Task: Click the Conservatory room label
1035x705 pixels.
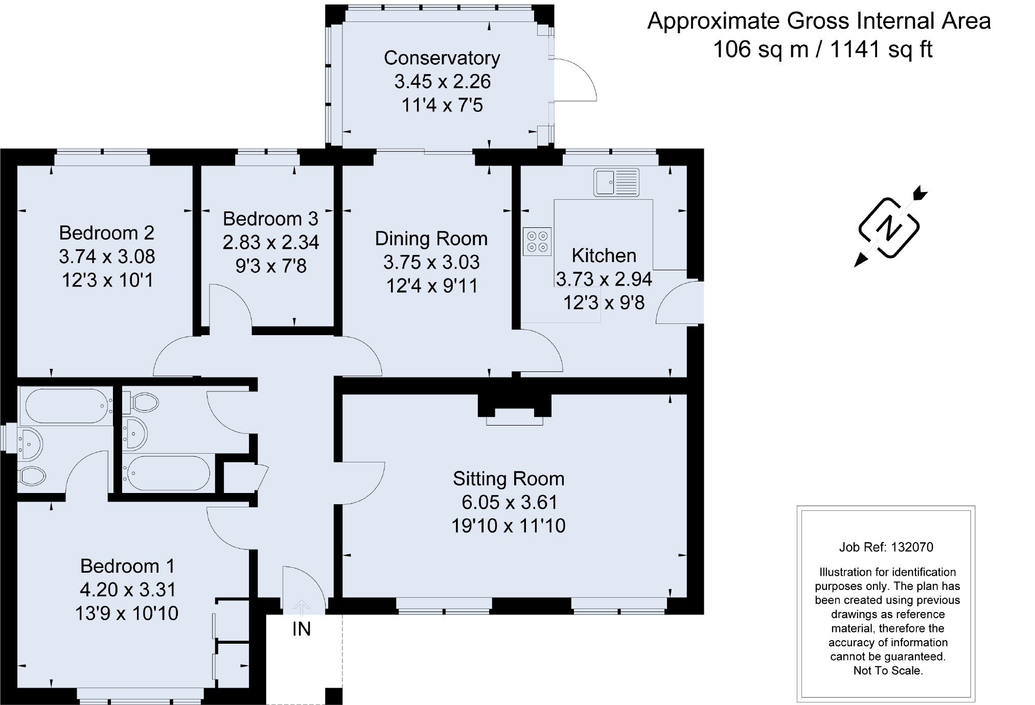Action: click(x=442, y=58)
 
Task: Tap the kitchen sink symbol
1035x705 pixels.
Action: click(x=616, y=183)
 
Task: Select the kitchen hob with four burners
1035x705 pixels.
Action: click(x=537, y=241)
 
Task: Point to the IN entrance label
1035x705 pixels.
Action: click(x=302, y=629)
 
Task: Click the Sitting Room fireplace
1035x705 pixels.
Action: click(x=514, y=409)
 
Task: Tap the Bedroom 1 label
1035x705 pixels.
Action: click(x=127, y=566)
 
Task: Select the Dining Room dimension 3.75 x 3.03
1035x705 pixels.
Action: click(x=431, y=262)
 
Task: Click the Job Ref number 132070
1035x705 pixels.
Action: click(x=912, y=547)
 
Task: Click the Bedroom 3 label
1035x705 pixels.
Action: click(x=270, y=219)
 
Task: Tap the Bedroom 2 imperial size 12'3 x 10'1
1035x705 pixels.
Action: click(x=107, y=280)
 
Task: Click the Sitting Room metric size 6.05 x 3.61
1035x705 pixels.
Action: click(x=509, y=502)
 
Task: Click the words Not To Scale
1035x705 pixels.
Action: click(x=888, y=671)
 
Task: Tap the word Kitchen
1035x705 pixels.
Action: click(x=604, y=255)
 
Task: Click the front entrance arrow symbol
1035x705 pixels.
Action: click(x=302, y=607)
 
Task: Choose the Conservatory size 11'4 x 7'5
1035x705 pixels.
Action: click(x=442, y=105)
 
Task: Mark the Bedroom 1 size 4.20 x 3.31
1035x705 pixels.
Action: click(x=128, y=590)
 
